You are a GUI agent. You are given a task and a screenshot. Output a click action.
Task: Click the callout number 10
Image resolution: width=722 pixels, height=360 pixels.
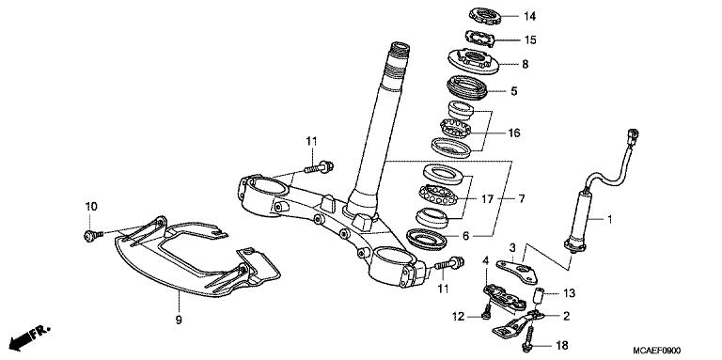[x=91, y=206]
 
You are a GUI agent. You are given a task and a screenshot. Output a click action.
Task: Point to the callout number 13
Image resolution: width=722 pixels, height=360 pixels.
[x=570, y=292]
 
